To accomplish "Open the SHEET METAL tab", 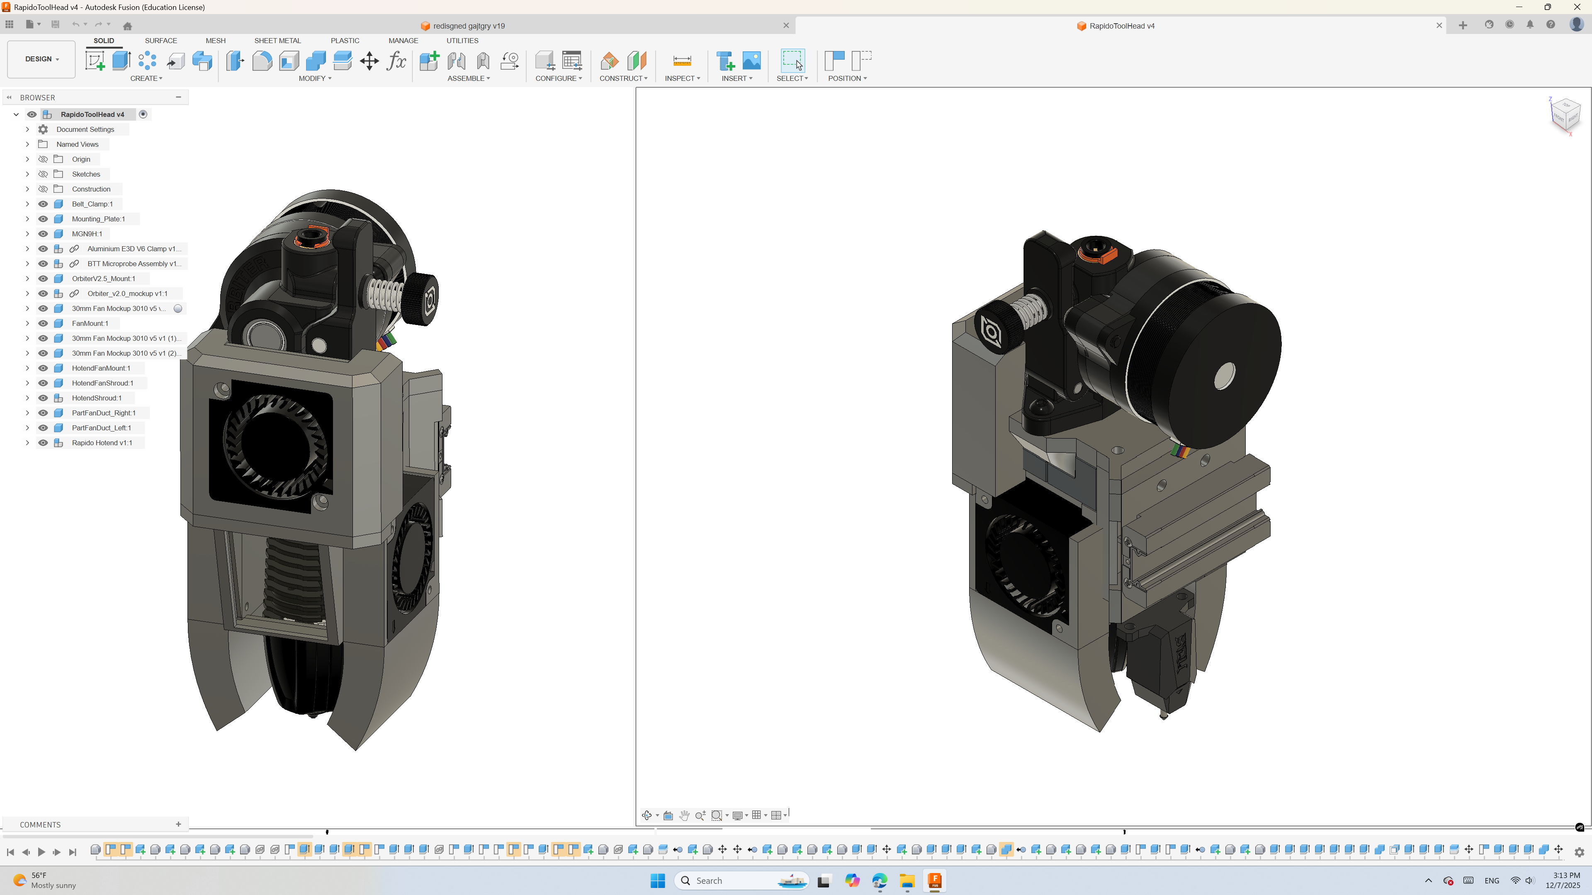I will [x=277, y=41].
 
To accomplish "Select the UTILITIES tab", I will [x=462, y=41].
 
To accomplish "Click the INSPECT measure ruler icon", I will [x=682, y=61].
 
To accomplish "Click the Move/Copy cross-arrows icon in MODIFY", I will [x=369, y=61].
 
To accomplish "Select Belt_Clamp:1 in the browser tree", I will [x=92, y=204].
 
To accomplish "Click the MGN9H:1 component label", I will [x=87, y=233].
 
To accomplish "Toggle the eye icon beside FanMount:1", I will [x=43, y=323].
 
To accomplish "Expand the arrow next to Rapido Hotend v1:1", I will [x=27, y=443].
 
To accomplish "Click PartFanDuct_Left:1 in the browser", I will [x=101, y=427].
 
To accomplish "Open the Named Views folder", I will [x=77, y=144].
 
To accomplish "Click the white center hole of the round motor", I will [x=1224, y=375].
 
